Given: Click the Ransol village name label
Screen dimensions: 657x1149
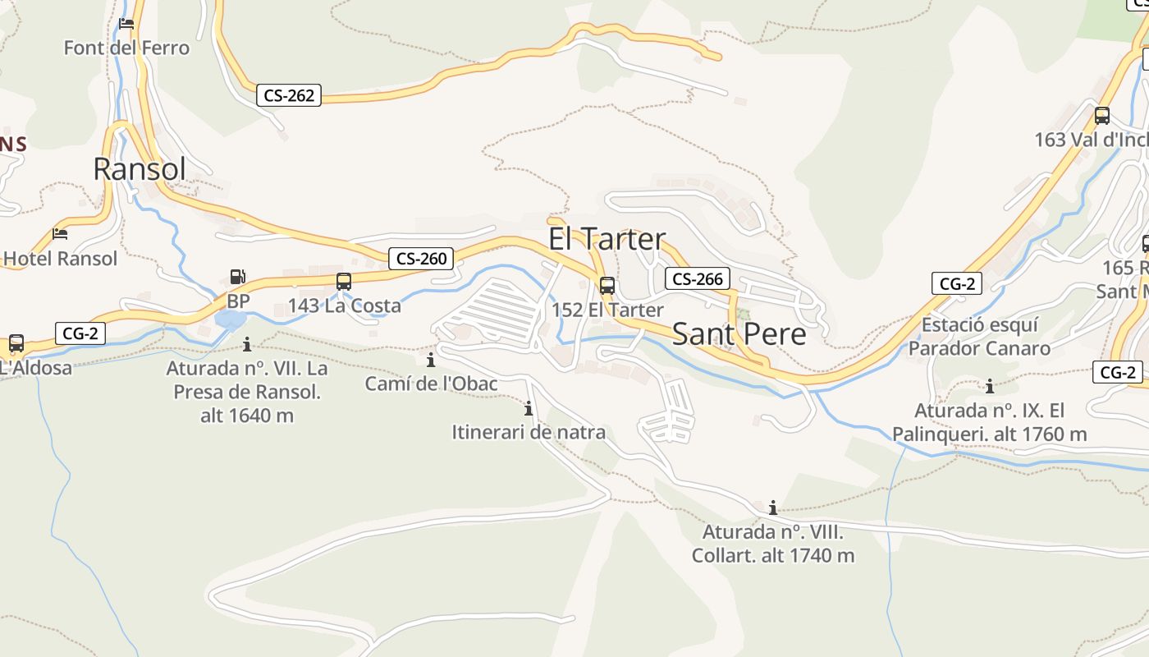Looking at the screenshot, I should [x=140, y=168].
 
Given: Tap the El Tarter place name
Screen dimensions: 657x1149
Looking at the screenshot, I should [x=607, y=239].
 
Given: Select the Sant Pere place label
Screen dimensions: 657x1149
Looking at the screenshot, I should [x=739, y=334].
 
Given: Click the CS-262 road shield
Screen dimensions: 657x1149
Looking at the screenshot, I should [x=289, y=95].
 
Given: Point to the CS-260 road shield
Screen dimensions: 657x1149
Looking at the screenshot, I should [x=421, y=259].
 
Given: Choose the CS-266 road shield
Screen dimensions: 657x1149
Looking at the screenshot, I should [x=697, y=278].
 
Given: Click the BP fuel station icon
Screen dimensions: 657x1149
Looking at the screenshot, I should [x=237, y=278].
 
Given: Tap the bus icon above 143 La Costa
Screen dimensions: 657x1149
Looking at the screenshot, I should [x=344, y=282].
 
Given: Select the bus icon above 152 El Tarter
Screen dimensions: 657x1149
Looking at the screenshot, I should [x=607, y=286].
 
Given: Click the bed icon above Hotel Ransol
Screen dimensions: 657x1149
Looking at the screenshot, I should [x=60, y=234].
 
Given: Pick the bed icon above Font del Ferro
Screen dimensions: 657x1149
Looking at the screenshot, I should [x=126, y=24].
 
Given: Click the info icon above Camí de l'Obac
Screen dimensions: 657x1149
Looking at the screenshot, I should [x=431, y=360].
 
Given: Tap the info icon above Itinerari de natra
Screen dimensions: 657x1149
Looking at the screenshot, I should [x=529, y=408].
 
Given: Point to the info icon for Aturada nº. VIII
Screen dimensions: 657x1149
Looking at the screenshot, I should [x=772, y=508].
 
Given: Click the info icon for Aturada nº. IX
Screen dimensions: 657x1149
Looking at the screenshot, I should [x=990, y=386].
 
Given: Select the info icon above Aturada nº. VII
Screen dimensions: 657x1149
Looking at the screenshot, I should [x=246, y=344].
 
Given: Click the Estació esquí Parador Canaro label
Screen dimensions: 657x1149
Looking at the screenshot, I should [x=979, y=337].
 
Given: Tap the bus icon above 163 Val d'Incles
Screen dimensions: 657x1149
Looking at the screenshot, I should [x=1101, y=116].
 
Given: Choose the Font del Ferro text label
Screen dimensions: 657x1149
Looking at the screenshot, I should [x=126, y=48].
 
